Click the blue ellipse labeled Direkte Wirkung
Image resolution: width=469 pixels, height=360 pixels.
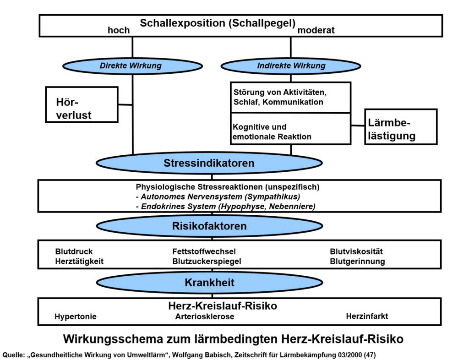pyautogui.click(x=131, y=65)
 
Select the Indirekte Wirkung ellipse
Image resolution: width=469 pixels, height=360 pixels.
pyautogui.click(x=291, y=65)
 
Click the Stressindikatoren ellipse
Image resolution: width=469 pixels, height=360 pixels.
pyautogui.click(x=209, y=163)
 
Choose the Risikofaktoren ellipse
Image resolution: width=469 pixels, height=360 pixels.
pyautogui.click(x=209, y=226)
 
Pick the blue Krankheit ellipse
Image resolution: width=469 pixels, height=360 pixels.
pyautogui.click(x=209, y=283)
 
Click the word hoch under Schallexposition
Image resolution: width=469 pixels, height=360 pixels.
pyautogui.click(x=119, y=30)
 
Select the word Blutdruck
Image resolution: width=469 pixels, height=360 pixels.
pyautogui.click(x=74, y=251)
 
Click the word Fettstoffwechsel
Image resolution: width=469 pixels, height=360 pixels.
pyautogui.click(x=204, y=251)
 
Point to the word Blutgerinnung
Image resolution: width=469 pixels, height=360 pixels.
pyautogui.click(x=357, y=262)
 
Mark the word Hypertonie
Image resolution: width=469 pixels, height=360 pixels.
pyautogui.click(x=76, y=316)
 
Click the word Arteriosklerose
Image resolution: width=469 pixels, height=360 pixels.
pyautogui.click(x=205, y=316)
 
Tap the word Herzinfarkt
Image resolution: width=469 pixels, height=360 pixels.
pyautogui.click(x=367, y=316)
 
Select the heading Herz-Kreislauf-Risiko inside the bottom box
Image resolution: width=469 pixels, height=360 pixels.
pyautogui.click(x=223, y=305)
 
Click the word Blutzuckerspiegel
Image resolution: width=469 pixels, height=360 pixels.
pyautogui.click(x=207, y=262)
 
